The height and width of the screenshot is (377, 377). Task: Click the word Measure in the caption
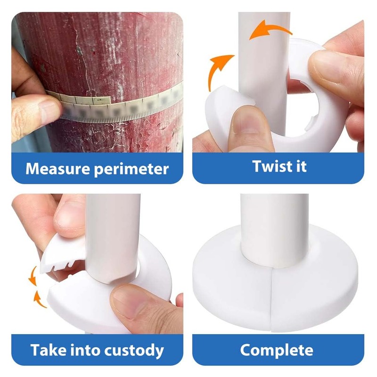[x=58, y=169]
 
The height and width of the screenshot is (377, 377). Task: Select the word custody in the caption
[x=134, y=351]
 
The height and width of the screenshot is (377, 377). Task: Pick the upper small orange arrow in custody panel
[x=33, y=277]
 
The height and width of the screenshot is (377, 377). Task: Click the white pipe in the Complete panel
[x=275, y=231]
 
